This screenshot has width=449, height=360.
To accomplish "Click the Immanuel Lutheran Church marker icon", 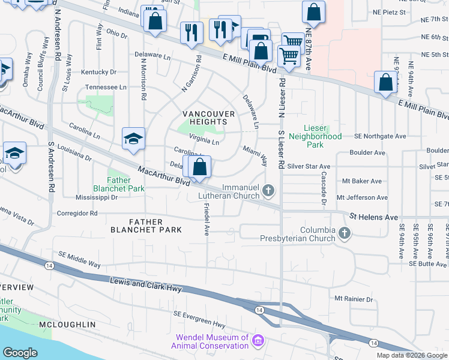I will coord(268,191).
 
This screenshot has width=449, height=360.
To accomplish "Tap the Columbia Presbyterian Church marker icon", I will coord(345,233).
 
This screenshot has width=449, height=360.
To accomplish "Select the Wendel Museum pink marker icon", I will coord(259,341).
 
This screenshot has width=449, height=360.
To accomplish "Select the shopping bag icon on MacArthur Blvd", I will coord(200,166).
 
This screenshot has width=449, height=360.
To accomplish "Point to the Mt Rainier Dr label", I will coord(354,299).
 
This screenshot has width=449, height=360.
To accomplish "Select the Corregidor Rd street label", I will coord(76,213).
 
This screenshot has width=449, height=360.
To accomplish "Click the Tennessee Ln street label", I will coord(105,87).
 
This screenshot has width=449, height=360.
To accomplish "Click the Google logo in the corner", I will coord(20,353).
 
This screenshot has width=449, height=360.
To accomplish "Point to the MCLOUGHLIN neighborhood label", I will coord(67,325).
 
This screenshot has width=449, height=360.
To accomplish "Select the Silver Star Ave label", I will coord(309,166).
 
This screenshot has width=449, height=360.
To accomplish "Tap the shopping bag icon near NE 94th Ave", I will coord(385,82).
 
